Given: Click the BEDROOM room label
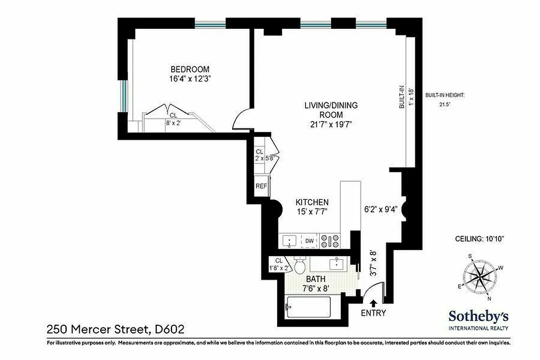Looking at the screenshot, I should (190, 69).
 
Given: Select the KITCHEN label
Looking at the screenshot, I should (312, 202).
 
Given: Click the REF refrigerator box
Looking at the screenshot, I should (261, 186).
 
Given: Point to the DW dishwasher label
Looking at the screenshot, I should (309, 241).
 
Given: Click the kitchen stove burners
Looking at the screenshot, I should (330, 241).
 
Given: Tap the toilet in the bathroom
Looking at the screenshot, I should (300, 265).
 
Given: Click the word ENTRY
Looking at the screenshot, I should (373, 313).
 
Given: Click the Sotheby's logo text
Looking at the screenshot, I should (478, 316).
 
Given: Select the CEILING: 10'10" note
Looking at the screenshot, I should (478, 239).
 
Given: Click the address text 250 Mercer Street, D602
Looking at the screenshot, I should (116, 330).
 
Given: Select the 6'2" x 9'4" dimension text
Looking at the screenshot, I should (380, 209).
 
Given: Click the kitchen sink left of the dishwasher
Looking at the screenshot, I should (289, 241).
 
